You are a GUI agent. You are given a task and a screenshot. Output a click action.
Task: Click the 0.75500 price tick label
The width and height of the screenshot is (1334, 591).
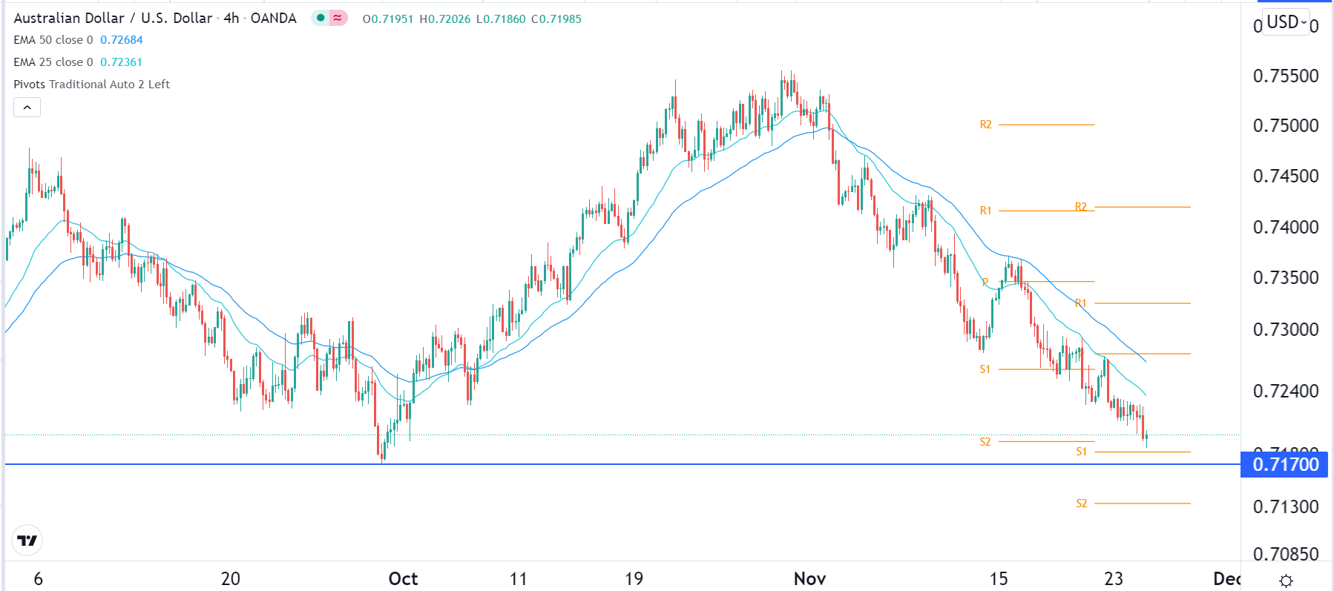1285,76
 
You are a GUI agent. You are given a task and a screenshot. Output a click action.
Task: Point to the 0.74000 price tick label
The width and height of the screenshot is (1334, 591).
1285,227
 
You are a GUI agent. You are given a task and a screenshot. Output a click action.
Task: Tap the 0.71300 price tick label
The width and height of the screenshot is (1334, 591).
1285,506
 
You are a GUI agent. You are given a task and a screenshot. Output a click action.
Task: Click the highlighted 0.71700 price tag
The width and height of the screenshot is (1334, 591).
1285,465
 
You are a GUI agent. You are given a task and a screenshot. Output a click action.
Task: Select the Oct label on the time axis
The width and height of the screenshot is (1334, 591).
403,578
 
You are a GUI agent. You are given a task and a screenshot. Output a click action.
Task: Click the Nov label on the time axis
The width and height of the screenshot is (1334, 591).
809,578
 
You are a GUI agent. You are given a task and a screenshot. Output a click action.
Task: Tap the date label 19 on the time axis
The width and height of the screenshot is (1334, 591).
634,578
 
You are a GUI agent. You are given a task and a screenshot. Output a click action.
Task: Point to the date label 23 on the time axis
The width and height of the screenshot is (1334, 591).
1113,578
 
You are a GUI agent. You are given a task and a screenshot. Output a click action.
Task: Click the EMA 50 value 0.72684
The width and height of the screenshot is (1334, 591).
122,40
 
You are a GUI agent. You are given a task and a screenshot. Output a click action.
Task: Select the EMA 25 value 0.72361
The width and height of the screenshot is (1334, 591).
121,62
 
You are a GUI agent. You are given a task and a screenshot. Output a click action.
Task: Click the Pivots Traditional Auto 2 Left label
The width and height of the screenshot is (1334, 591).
92,85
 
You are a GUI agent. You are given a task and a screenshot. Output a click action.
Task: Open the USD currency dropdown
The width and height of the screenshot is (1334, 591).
1287,22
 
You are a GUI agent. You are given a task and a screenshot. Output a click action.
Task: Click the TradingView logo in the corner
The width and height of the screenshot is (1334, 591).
27,541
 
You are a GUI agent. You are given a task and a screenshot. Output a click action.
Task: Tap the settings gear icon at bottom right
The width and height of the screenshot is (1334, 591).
1287,581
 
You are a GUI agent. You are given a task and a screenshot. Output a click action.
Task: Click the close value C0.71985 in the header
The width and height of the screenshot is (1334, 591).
556,19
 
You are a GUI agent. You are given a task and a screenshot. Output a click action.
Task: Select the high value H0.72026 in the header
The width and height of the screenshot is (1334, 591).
445,19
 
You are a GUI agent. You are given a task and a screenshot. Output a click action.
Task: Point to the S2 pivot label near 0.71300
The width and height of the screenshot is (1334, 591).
1081,503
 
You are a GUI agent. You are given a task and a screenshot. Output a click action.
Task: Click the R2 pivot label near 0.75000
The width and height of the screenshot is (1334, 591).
985,125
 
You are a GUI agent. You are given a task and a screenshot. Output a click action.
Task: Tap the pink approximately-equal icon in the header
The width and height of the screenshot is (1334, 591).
338,18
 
